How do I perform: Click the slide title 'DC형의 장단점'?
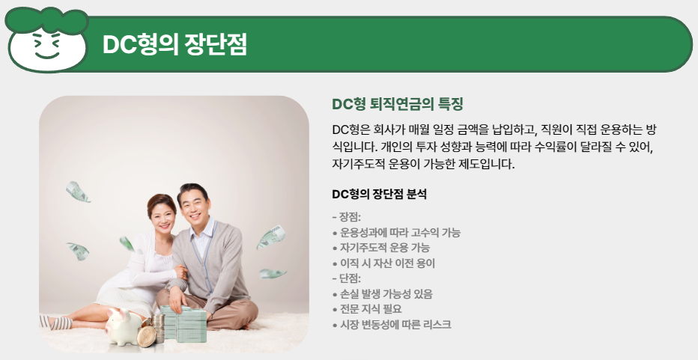pyautogui.click(x=174, y=45)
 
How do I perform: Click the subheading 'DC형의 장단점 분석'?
pyautogui.click(x=379, y=195)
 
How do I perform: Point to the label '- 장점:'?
pyautogui.click(x=346, y=218)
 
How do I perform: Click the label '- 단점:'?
pyautogui.click(x=346, y=278)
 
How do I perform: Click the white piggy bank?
pyautogui.click(x=124, y=327)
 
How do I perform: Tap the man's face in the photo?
pyautogui.click(x=195, y=207)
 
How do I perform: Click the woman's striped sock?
pyautogui.click(x=55, y=322)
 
